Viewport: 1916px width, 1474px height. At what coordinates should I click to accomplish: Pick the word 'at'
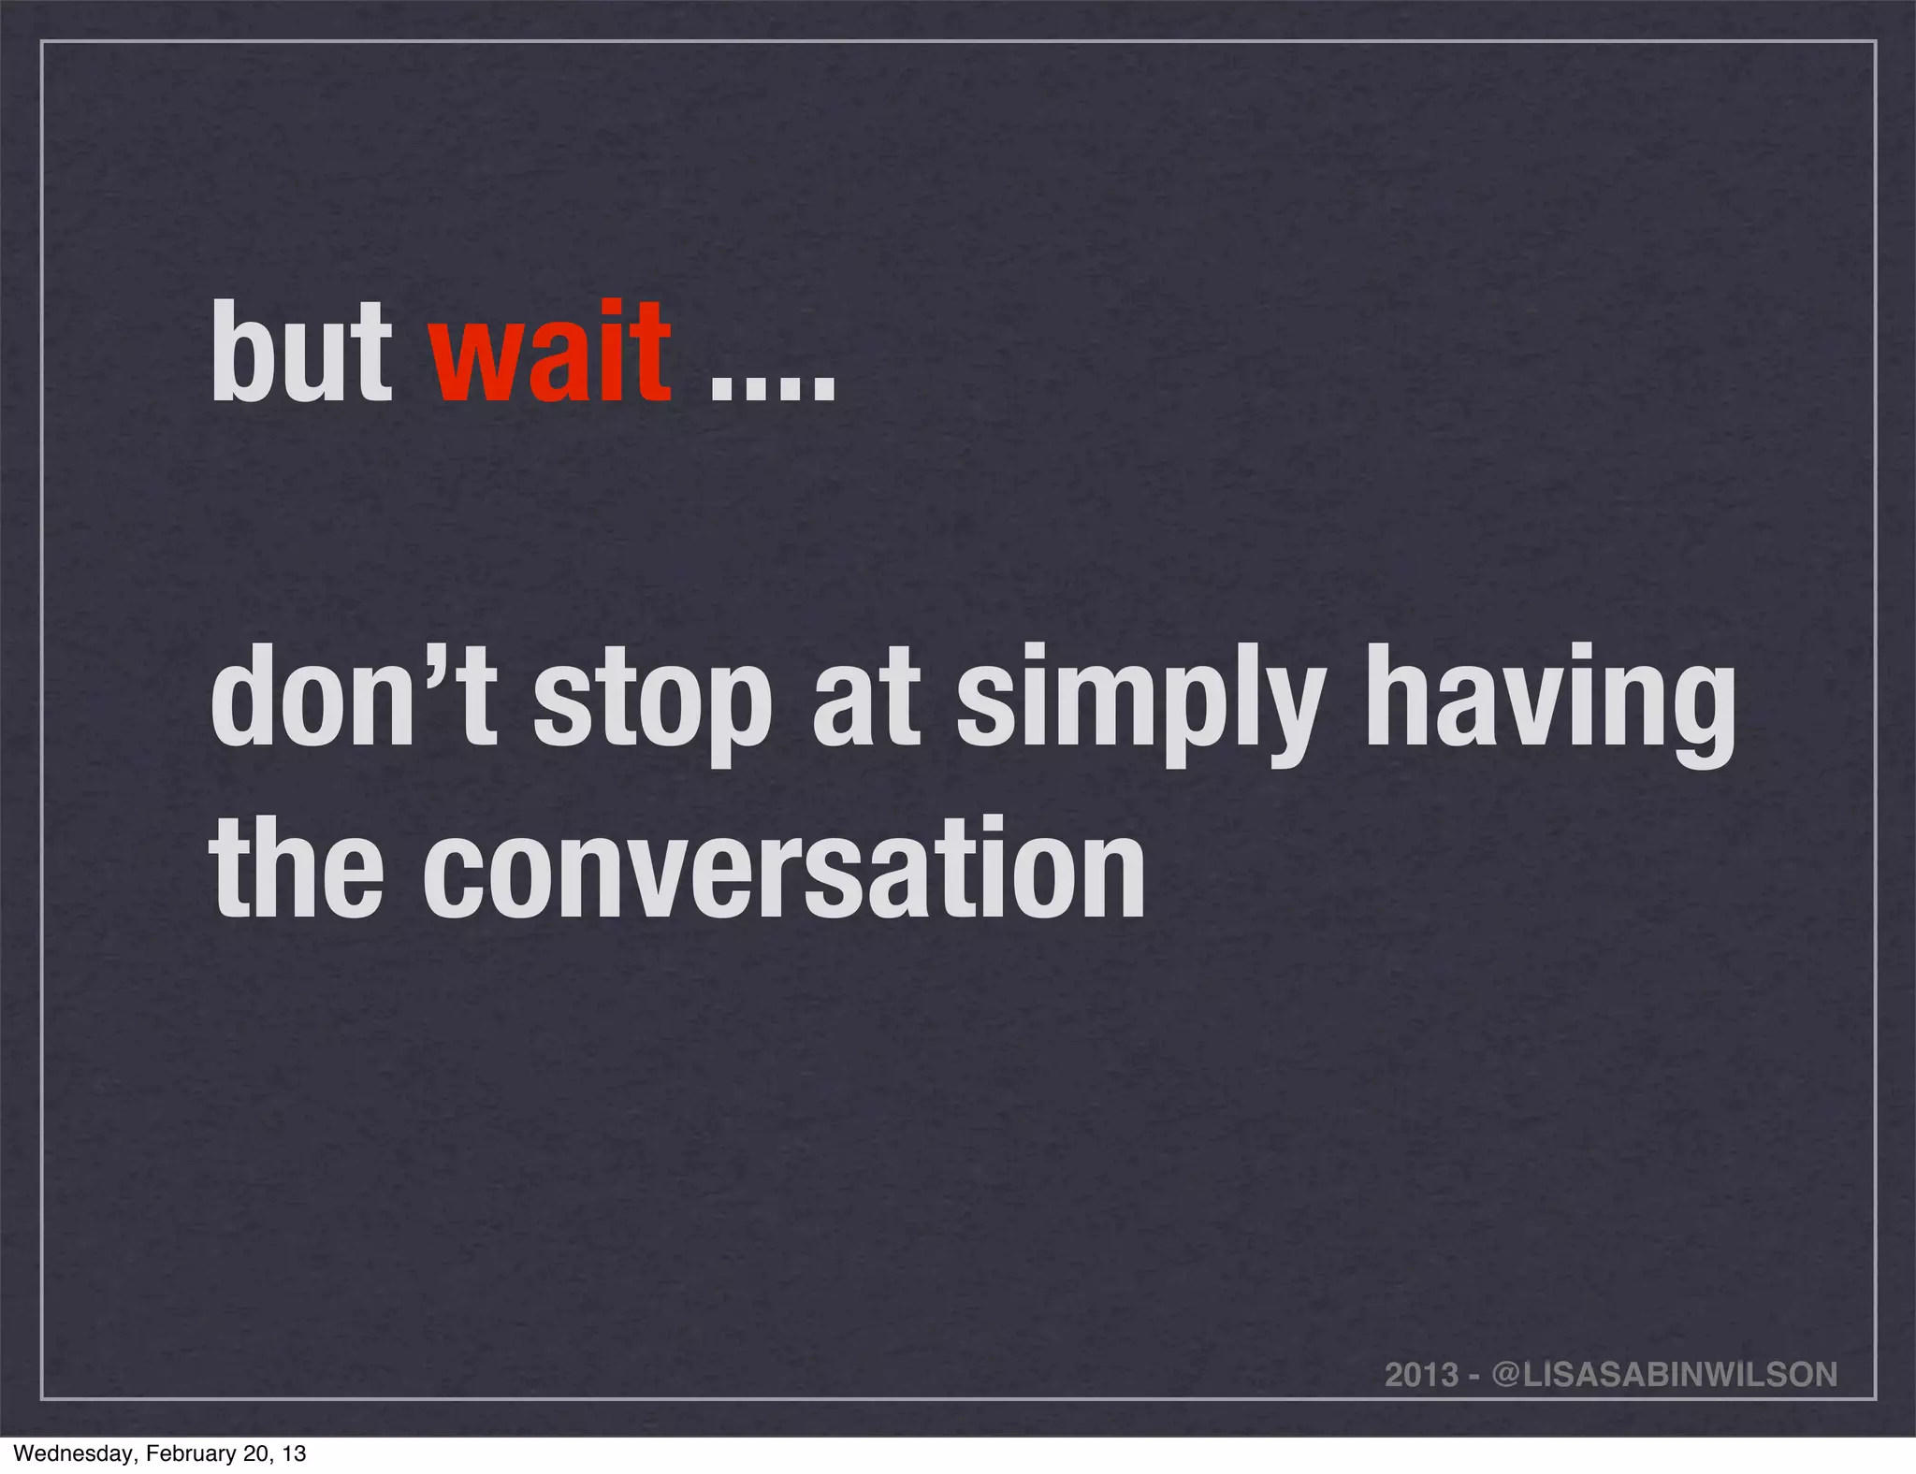865,701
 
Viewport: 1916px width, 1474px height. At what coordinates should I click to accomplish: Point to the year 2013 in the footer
1421,1375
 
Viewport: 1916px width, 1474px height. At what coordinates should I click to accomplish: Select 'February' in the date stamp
184,1453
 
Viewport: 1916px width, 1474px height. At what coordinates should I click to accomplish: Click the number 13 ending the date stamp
294,1453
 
